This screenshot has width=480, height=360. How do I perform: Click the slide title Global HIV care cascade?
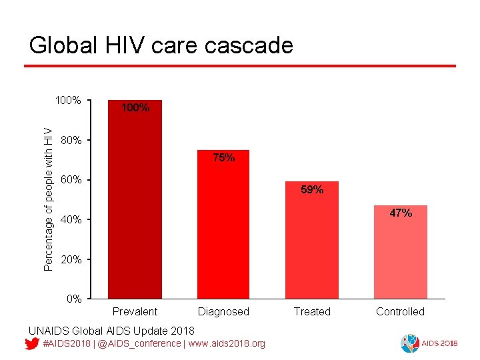tap(161, 45)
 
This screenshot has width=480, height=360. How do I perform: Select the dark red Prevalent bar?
tap(135, 200)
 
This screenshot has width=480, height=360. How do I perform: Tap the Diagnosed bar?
tap(223, 227)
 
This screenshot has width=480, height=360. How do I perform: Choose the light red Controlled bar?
tap(400, 253)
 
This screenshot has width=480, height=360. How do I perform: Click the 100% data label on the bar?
tap(135, 107)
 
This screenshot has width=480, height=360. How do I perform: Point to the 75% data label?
tap(223, 158)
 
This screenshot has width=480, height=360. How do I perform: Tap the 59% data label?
tap(312, 190)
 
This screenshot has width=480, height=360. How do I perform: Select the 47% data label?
tap(401, 213)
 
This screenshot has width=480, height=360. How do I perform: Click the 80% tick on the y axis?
tap(71, 141)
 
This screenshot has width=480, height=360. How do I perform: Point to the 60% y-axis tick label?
tap(71, 180)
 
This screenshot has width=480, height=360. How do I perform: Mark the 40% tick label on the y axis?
tap(71, 220)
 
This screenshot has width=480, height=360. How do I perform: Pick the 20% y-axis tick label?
tap(71, 259)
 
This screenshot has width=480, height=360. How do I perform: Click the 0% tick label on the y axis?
tap(73, 299)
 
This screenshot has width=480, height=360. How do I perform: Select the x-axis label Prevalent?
tap(135, 311)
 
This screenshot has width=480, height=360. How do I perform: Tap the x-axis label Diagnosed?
tap(223, 311)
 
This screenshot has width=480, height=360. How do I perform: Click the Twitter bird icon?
tap(31, 344)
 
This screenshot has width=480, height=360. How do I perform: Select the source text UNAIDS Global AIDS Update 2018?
tap(111, 331)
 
